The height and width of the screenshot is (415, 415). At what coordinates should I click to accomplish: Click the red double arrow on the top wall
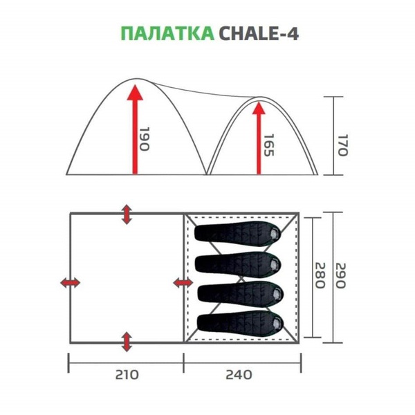click(x=127, y=214)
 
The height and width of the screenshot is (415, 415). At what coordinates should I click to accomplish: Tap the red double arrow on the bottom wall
click(x=127, y=341)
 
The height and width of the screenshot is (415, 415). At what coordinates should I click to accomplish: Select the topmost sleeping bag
click(x=239, y=233)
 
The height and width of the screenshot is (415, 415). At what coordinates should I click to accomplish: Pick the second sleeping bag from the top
click(x=239, y=264)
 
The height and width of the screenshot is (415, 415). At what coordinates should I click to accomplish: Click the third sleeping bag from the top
click(x=239, y=293)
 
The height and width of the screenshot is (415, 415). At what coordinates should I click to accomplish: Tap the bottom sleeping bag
click(x=239, y=322)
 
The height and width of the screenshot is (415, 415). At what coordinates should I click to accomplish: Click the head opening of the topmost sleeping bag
click(x=275, y=233)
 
